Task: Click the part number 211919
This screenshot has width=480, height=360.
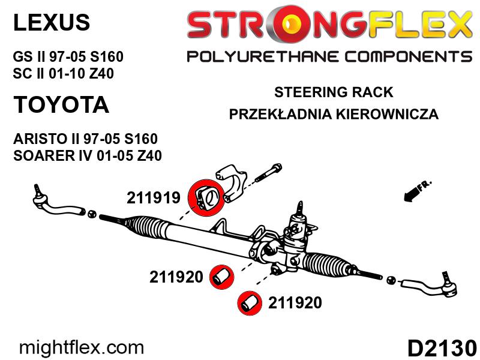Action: click(x=154, y=198)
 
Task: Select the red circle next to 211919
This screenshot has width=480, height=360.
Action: click(x=206, y=197)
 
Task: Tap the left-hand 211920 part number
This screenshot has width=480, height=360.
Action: click(x=176, y=277)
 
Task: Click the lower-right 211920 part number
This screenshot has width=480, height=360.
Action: click(x=295, y=303)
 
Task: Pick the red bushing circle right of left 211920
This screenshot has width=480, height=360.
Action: click(x=221, y=277)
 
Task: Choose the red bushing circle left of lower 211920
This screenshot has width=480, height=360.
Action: click(x=250, y=303)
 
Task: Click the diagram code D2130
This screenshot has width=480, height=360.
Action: click(x=442, y=348)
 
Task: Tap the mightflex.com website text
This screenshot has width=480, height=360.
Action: click(x=81, y=348)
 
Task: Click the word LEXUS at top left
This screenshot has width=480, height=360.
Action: click(x=52, y=22)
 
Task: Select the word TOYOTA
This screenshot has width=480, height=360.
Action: click(x=61, y=104)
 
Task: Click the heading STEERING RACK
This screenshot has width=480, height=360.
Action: click(x=334, y=92)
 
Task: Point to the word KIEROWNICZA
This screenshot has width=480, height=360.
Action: click(x=387, y=114)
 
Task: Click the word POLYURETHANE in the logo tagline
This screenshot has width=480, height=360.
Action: click(x=263, y=57)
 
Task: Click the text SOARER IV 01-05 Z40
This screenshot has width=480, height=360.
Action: click(x=88, y=155)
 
